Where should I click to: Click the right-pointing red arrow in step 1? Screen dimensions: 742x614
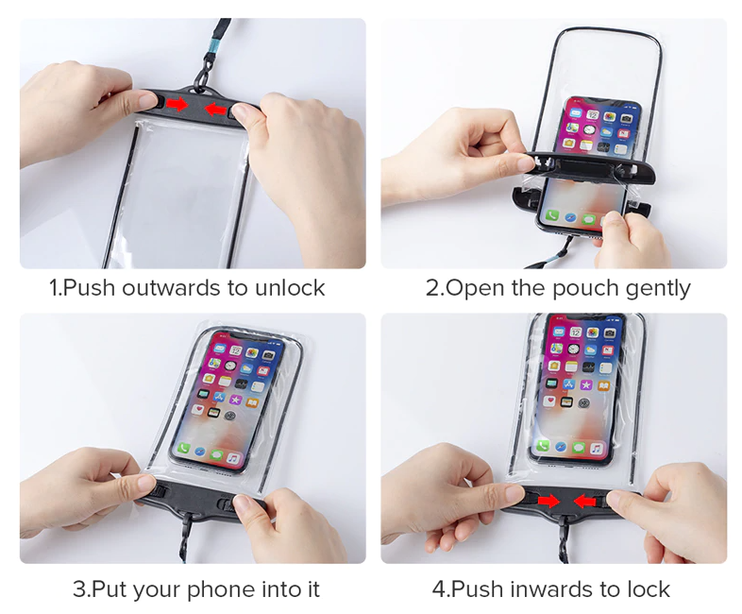(x=177, y=104)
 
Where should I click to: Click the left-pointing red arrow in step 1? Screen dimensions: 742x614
(x=215, y=109)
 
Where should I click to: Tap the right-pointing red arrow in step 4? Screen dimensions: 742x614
(x=548, y=501)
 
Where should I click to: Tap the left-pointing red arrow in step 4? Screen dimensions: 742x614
(x=584, y=501)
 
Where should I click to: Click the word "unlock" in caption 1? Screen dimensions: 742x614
(x=290, y=287)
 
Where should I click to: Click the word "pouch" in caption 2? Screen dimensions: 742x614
(x=585, y=289)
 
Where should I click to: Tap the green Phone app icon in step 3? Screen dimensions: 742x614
(x=183, y=449)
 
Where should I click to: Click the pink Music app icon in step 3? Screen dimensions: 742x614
(x=233, y=458)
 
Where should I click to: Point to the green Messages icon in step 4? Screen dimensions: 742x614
(x=579, y=447)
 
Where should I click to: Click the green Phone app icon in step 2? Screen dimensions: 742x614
(x=552, y=215)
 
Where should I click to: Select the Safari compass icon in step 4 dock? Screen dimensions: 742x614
(x=561, y=446)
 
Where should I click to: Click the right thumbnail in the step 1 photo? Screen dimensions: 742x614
(x=242, y=111)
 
